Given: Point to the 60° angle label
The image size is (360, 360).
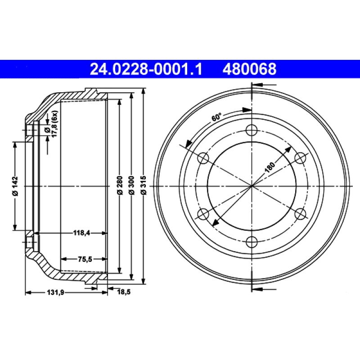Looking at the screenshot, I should tap(216, 118).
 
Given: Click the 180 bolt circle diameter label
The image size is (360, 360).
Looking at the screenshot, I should tap(270, 167).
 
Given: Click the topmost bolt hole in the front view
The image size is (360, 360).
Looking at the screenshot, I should tap(252, 130).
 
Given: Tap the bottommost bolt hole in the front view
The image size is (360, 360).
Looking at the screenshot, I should tap(252, 242).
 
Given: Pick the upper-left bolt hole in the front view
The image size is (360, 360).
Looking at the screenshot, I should tap(203, 158).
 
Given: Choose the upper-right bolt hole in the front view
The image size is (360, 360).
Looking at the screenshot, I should tap(300, 158).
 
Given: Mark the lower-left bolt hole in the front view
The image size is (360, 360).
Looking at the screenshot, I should tap(203, 214).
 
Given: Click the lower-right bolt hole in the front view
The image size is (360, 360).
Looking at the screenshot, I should tap(300, 214).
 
